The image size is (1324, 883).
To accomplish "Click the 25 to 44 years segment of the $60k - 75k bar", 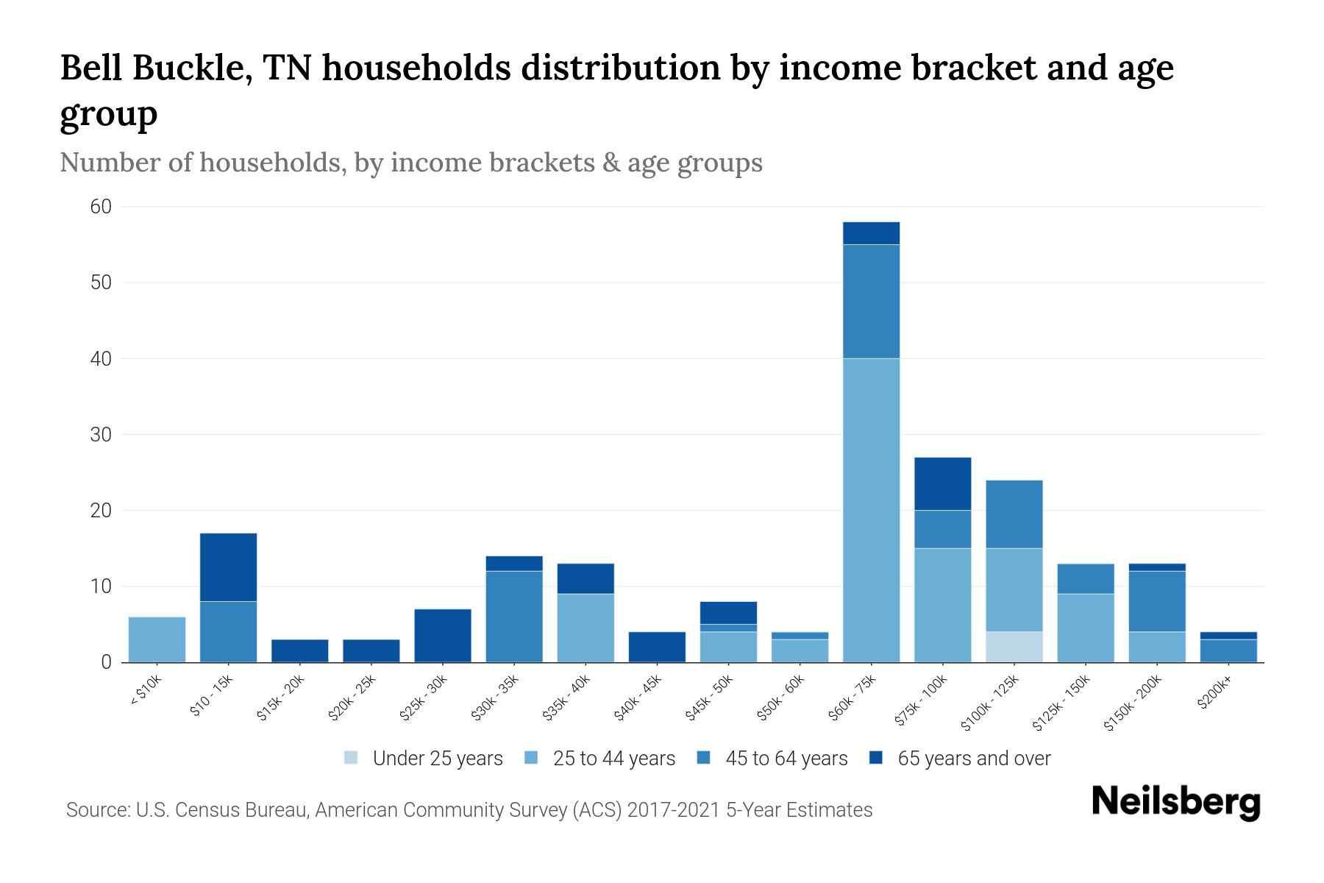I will [871, 510].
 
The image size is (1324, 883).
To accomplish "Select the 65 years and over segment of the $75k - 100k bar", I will [942, 483].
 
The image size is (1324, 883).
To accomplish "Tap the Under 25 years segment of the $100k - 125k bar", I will [1014, 647].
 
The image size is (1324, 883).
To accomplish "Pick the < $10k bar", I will [157, 639].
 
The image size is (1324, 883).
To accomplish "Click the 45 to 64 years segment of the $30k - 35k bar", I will [514, 617].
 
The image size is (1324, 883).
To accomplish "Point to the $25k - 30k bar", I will [443, 636].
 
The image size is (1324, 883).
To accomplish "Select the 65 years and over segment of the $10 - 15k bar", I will [228, 567].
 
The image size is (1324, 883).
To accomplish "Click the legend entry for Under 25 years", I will [423, 759].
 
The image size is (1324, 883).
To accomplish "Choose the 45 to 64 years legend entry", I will [772, 759].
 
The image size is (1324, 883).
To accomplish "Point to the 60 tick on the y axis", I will [101, 207].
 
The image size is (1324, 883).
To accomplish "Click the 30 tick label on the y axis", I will [101, 435].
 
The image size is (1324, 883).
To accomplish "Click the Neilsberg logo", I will [1175, 802].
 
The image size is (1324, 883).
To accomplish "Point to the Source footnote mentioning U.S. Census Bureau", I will [469, 810].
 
